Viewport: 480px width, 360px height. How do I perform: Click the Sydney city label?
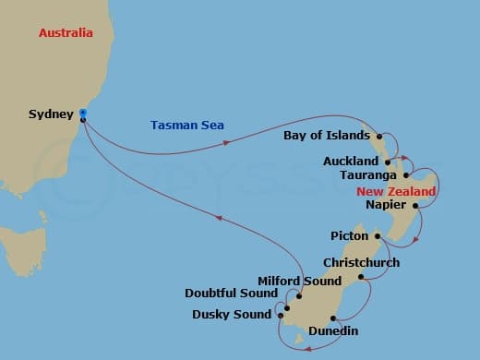pos(51,114)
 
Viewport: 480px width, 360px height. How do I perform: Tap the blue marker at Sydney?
pos(83,113)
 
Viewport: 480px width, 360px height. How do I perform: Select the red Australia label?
pos(66,33)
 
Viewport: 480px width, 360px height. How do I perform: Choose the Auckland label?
pos(351,161)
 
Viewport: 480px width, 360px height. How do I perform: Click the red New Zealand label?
pos(396,191)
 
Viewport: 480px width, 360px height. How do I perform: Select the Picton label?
pos(350,236)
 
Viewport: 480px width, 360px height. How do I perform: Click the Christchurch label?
pos(361,262)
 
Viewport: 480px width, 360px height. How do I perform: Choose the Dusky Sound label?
pos(231,314)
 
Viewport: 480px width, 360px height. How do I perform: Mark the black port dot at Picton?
pos(377,235)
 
